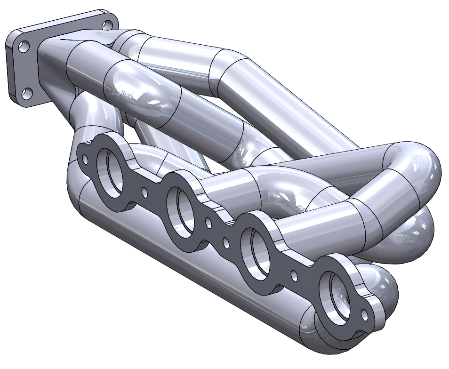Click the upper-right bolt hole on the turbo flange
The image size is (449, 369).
coord(108,24)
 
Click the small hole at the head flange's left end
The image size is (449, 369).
coord(85,158)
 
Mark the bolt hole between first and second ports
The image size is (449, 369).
coord(144,192)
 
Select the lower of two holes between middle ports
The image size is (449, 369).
coord(226,243)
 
